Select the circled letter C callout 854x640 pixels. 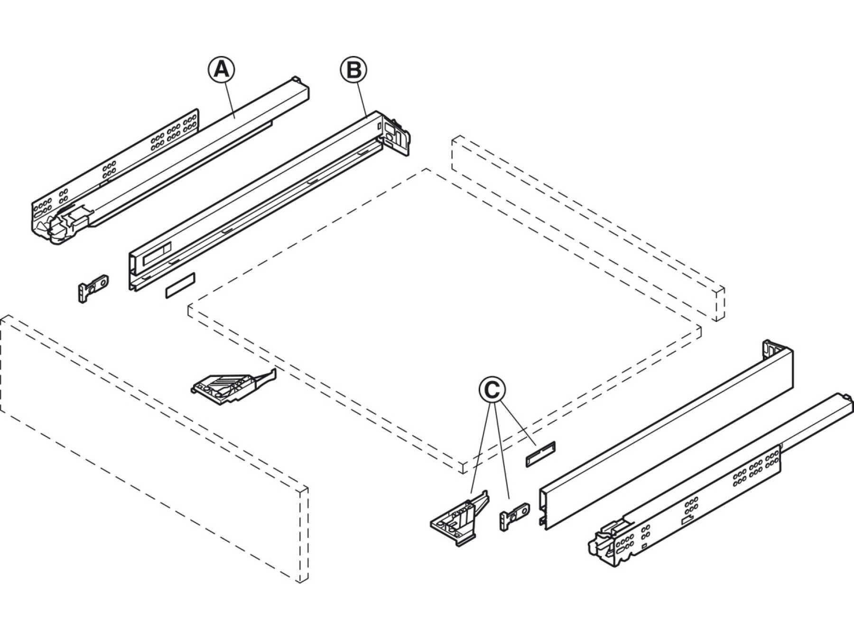pos(492,390)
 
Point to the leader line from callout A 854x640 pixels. pos(231,98)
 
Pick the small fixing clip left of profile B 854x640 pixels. pos(93,289)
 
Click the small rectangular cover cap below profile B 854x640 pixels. pos(180,285)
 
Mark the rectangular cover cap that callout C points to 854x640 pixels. pos(539,454)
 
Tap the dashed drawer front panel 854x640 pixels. pos(152,450)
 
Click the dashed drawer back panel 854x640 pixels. pos(588,228)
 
